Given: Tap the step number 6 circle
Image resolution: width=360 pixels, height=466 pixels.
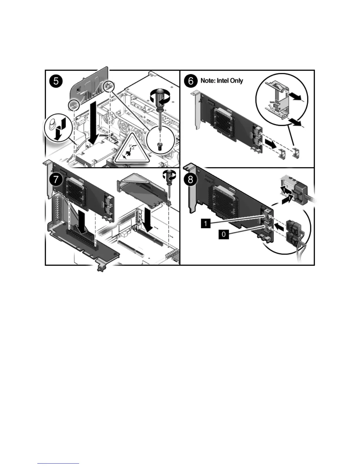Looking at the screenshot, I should point(191,80).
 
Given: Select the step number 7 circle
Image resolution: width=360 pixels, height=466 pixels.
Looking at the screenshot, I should point(56,179).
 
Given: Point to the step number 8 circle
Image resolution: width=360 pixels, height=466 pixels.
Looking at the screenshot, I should point(191,179).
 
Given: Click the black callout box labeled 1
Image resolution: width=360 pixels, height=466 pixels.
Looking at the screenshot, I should point(206,224).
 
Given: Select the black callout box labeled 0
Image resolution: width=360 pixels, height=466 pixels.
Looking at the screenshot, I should point(224,234).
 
